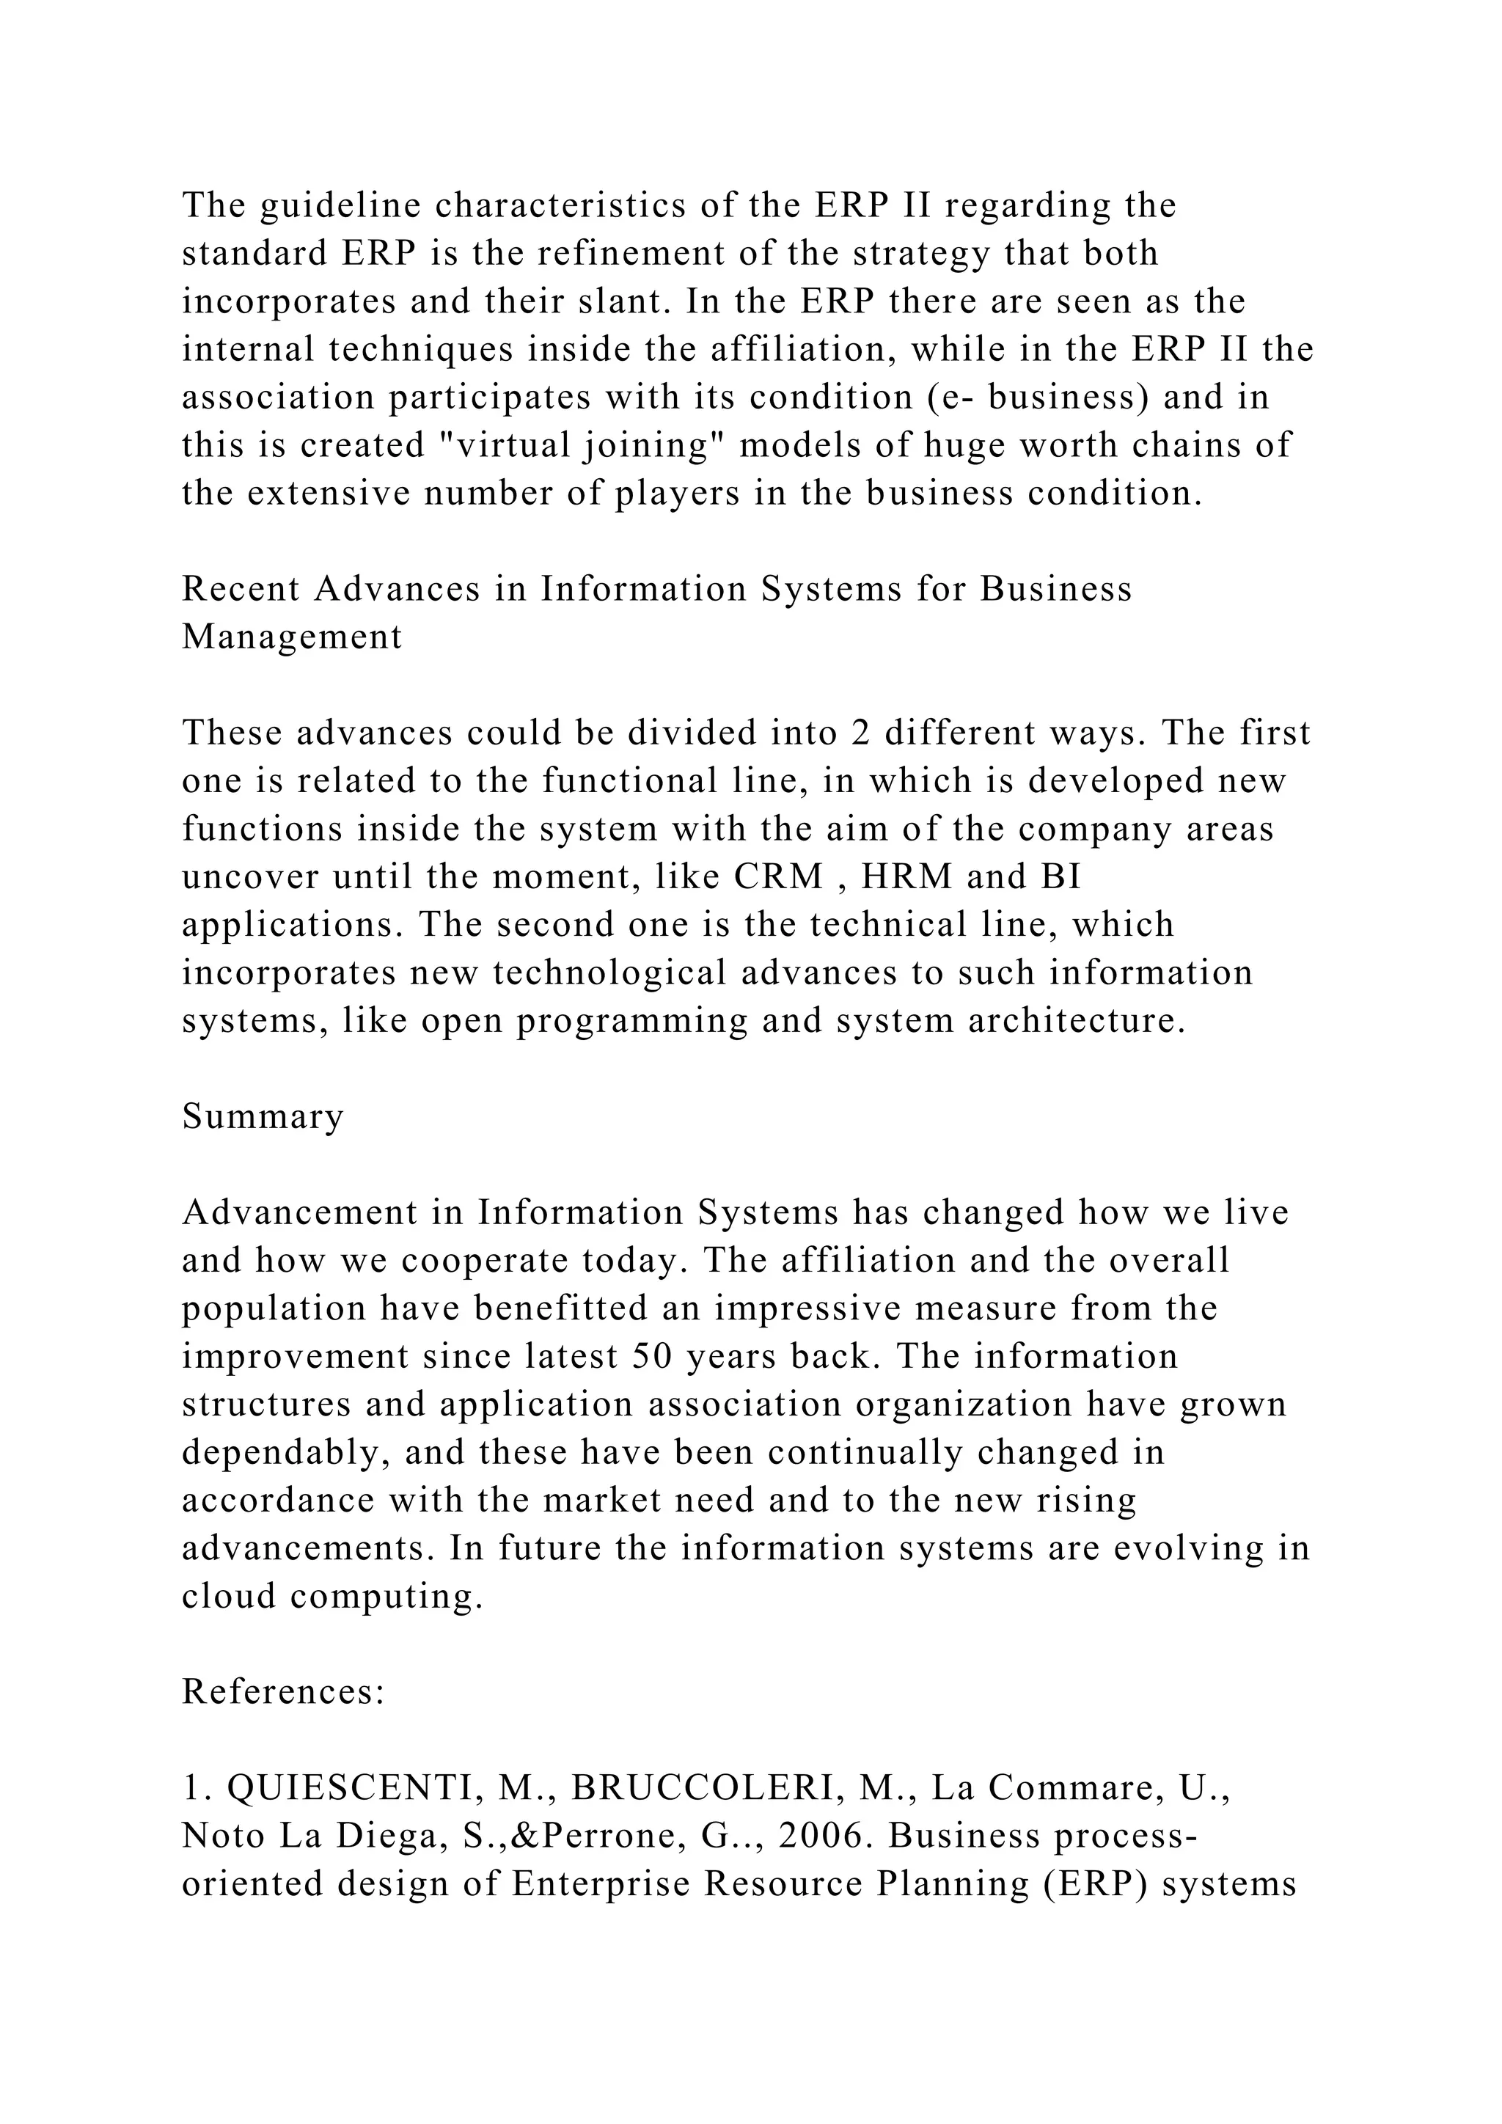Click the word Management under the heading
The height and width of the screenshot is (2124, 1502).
coord(293,637)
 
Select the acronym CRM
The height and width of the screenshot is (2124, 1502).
coord(779,876)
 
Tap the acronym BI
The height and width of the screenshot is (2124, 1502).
coord(1060,876)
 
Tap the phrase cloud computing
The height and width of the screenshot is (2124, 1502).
coord(332,1597)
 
